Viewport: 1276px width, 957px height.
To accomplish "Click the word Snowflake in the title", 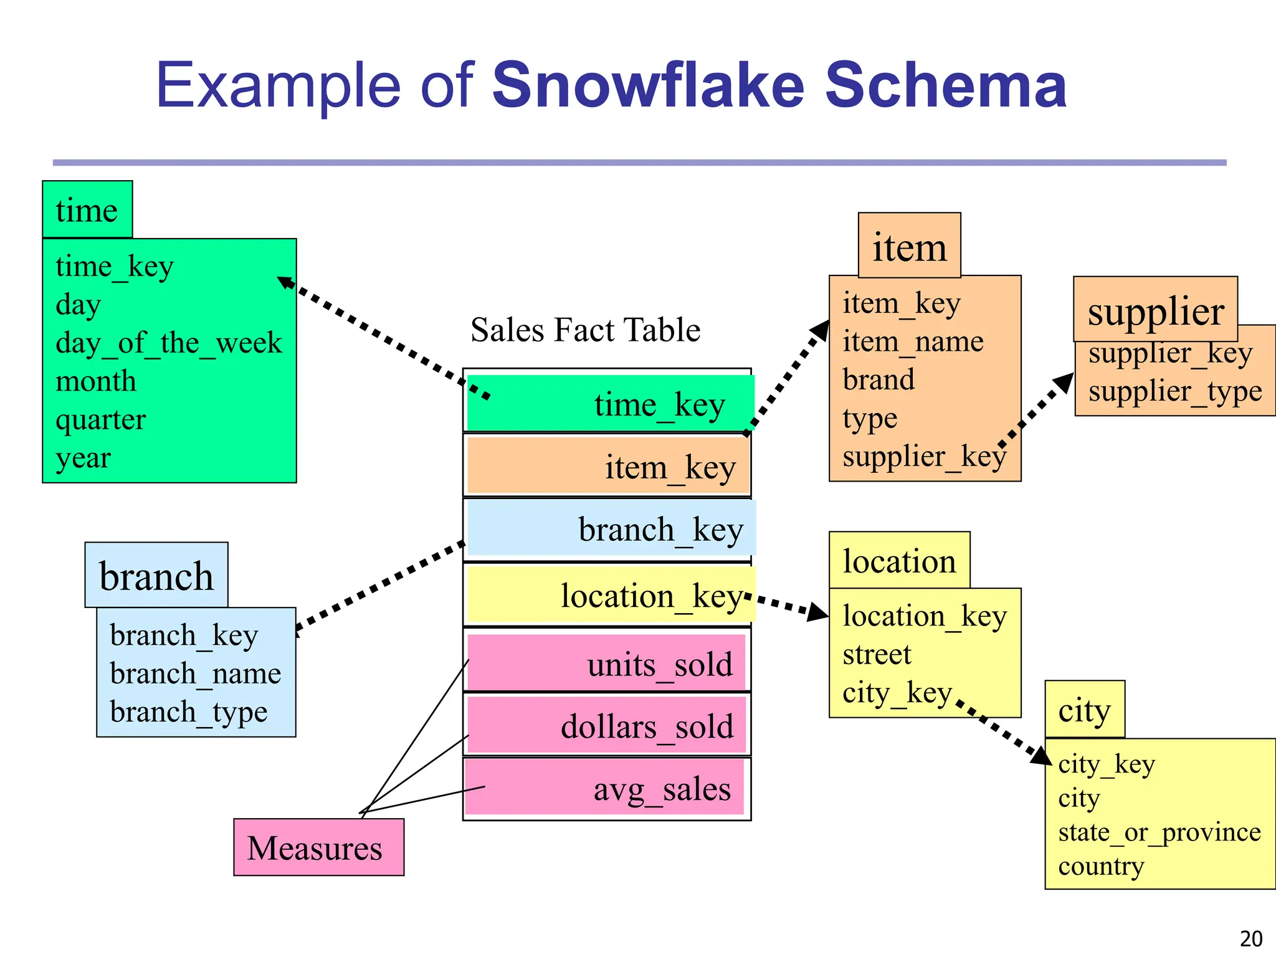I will coord(649,85).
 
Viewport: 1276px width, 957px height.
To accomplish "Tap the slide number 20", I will coord(1251,938).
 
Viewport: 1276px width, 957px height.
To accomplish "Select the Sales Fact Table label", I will coord(585,330).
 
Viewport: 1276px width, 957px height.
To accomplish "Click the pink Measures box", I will coord(318,847).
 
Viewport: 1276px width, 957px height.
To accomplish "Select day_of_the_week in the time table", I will coord(169,343).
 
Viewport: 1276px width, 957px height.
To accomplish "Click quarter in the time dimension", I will coord(100,419).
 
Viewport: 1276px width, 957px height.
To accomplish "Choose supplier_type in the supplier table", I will coord(1174,391).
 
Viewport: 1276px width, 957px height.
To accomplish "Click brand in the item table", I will coord(878,379).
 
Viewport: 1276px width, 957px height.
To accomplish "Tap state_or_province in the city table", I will coord(1159,832).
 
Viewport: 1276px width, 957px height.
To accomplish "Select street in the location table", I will coord(877,654).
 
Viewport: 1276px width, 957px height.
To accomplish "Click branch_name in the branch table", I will coord(195,674).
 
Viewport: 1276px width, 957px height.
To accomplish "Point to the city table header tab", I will coord(1084,710).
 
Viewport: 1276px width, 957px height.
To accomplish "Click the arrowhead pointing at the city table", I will coord(1042,755).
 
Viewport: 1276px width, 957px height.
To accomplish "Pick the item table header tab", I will coord(909,247).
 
